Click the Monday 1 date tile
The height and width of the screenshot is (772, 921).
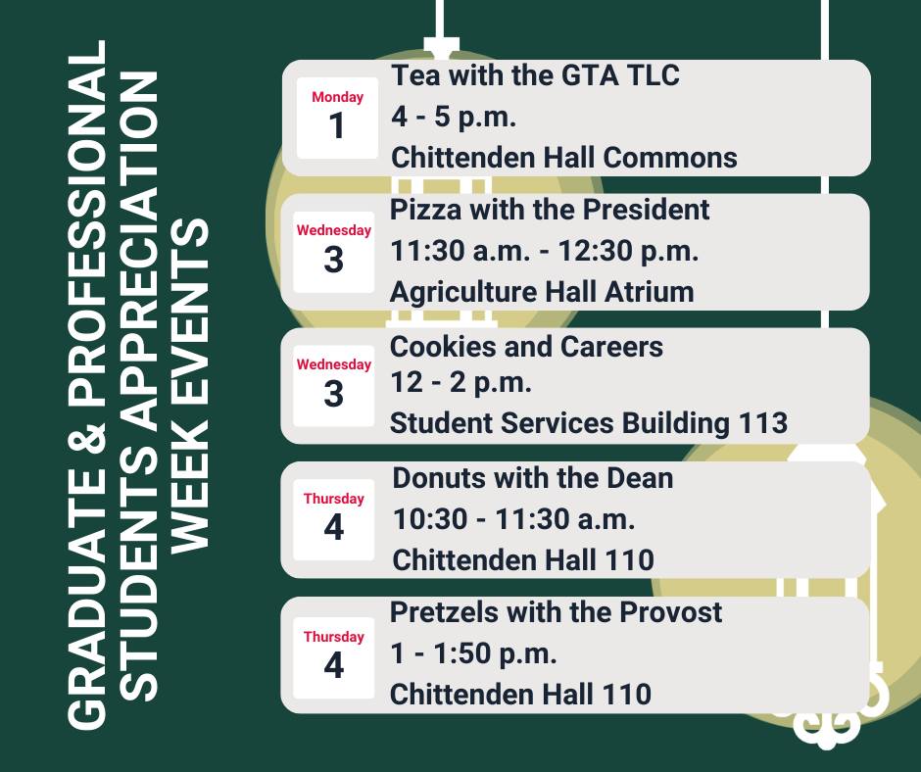tap(337, 119)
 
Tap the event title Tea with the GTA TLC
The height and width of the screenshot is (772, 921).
tap(535, 75)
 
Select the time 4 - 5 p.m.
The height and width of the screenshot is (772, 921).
tap(454, 117)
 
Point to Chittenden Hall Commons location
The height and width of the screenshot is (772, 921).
tap(564, 158)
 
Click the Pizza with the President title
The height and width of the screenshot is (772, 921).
tap(550, 210)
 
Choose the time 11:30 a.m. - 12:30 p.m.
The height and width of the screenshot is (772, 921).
tap(545, 251)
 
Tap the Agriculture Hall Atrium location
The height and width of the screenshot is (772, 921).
tap(542, 292)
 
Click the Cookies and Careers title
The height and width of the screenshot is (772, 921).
tap(526, 347)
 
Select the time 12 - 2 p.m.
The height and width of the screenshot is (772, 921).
tap(461, 382)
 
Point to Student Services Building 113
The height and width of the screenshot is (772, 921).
tap(589, 423)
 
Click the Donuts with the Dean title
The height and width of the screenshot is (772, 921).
tap(533, 478)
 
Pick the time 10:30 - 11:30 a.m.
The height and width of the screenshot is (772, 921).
tap(514, 519)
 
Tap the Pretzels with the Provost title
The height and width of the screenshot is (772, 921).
tap(556, 612)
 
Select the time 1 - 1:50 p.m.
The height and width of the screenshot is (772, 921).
tap(473, 653)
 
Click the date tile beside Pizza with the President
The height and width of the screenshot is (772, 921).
tap(334, 252)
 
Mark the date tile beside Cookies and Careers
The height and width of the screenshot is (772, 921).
tap(334, 386)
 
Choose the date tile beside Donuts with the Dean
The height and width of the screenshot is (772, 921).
tap(334, 520)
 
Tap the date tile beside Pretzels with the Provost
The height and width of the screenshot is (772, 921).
tap(334, 658)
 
